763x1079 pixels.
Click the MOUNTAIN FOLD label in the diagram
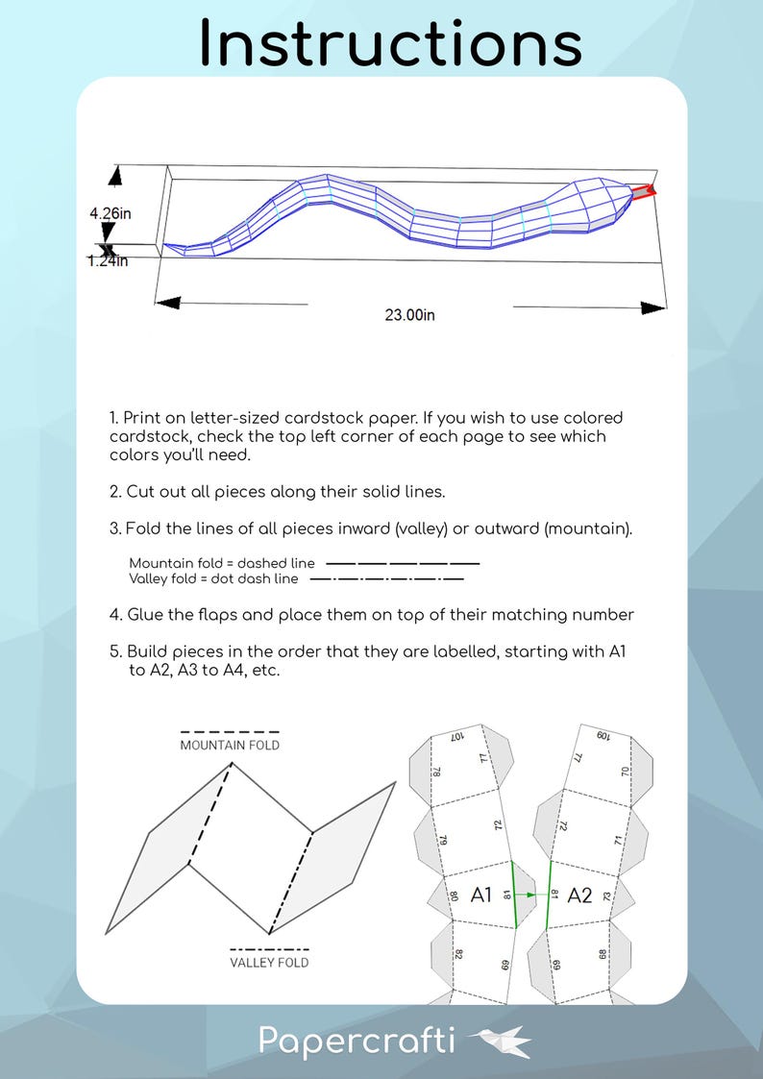[230, 745]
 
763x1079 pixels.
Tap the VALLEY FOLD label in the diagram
[269, 962]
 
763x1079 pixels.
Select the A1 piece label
[481, 895]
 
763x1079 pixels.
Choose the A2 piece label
[579, 895]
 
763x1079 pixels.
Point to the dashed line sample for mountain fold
[403, 563]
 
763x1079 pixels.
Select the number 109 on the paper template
[603, 736]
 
